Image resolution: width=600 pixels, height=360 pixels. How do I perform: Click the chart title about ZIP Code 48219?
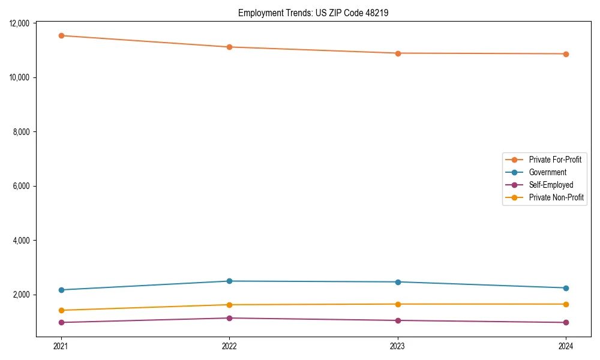(313, 13)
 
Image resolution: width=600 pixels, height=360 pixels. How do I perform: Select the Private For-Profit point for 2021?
(61, 35)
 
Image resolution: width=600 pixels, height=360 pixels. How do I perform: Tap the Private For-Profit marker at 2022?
(229, 47)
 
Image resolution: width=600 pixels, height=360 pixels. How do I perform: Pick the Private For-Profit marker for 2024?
(566, 54)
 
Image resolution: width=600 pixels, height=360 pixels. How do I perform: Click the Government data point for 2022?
(229, 281)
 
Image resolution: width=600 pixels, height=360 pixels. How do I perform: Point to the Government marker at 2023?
(398, 282)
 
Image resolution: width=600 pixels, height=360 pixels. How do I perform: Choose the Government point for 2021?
(61, 290)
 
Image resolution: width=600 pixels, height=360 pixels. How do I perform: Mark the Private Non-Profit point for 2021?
(61, 310)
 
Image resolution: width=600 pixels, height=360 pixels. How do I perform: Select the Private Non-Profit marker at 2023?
(398, 304)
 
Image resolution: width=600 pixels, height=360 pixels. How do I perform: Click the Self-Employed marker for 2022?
(229, 318)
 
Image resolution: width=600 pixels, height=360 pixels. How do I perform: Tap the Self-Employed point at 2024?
(566, 322)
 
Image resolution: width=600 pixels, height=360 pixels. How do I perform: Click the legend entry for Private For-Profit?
(554, 160)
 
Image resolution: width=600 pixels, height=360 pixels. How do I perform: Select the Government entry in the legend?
(547, 172)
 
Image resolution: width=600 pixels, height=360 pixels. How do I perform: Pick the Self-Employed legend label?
(551, 185)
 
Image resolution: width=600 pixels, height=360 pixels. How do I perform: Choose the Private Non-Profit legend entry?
(556, 197)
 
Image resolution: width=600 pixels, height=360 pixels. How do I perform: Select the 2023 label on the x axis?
(398, 346)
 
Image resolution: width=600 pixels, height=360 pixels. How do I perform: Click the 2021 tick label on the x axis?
(61, 346)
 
